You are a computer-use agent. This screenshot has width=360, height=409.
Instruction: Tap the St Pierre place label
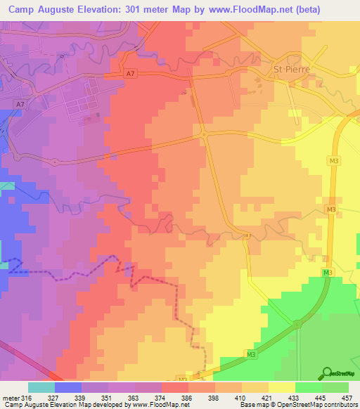click(x=290, y=70)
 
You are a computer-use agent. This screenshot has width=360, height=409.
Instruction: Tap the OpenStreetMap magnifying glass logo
click(x=326, y=373)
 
